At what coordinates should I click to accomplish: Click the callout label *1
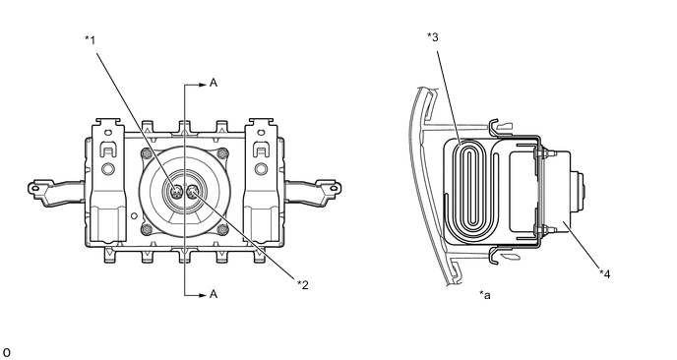click(90, 40)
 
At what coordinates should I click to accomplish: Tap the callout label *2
click(303, 285)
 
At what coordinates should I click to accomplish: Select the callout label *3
click(433, 37)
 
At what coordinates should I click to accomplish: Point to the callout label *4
click(605, 273)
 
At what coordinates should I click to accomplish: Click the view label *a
click(485, 295)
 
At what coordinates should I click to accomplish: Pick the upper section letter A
click(214, 83)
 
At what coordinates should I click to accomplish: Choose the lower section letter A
click(214, 294)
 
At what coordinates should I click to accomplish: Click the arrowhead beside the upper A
click(203, 85)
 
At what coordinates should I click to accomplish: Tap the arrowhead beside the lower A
click(203, 296)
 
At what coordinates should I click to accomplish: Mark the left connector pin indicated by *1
click(176, 191)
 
